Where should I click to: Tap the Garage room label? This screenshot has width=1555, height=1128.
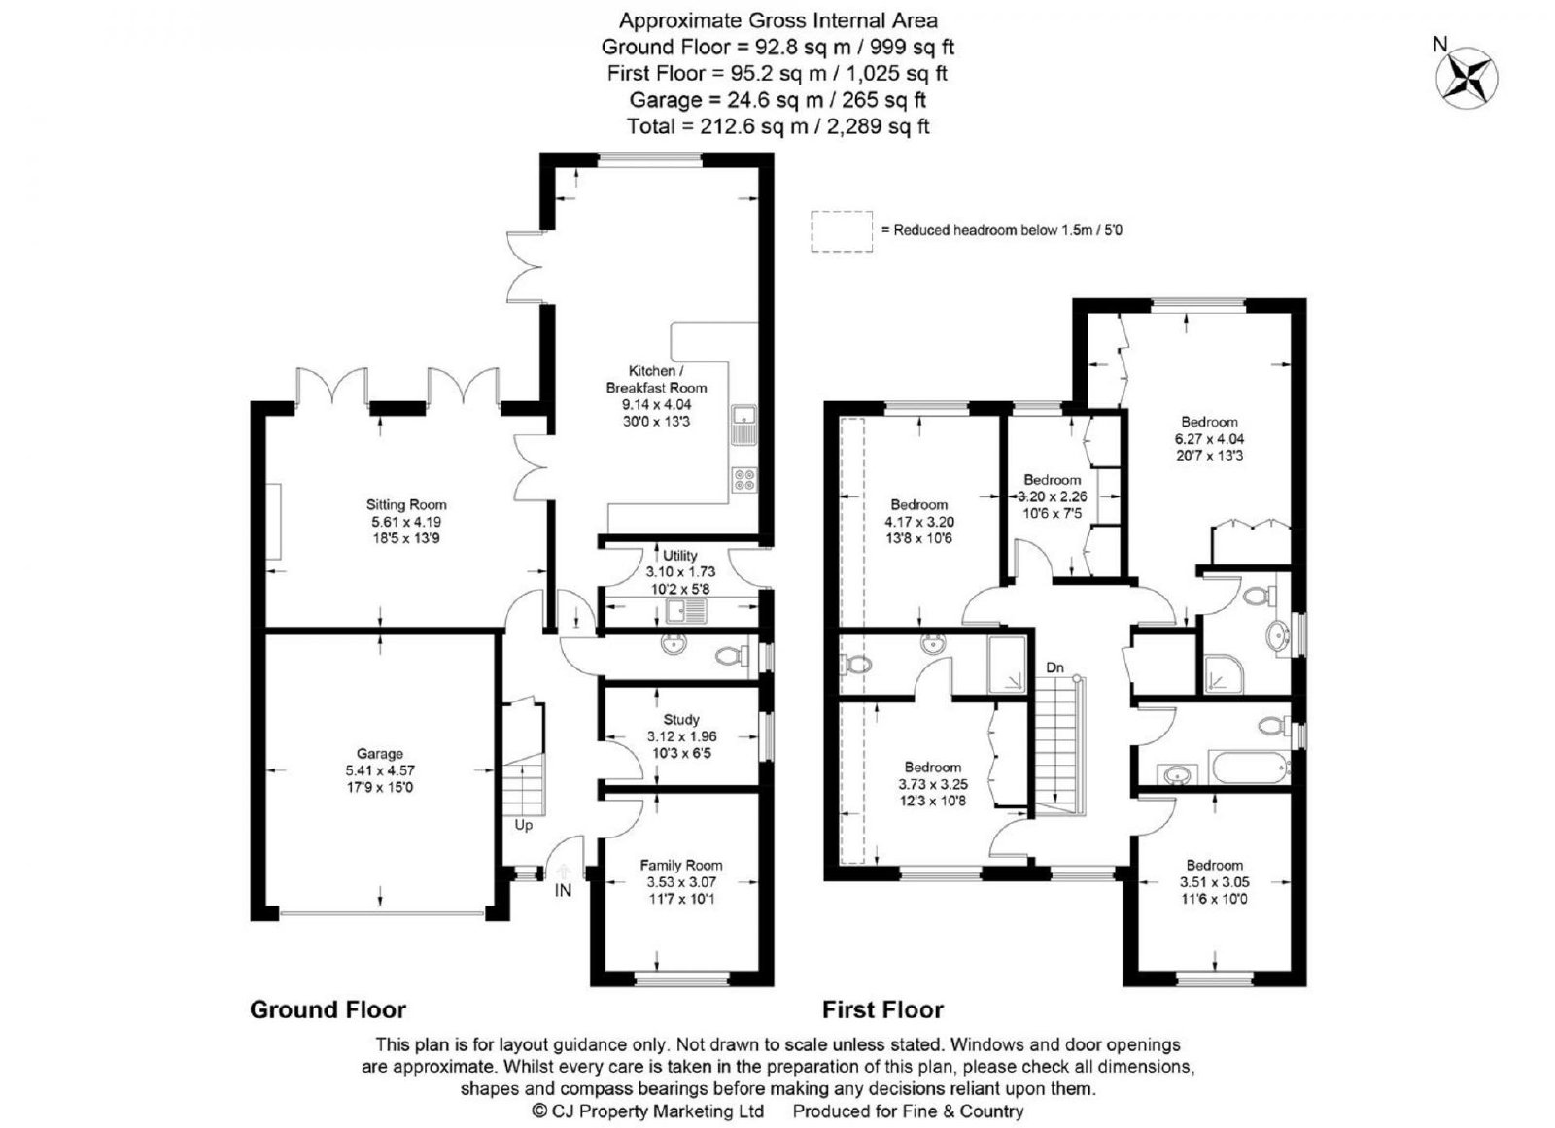click(380, 754)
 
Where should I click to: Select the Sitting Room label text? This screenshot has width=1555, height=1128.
click(406, 504)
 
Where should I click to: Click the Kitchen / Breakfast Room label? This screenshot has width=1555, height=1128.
click(656, 379)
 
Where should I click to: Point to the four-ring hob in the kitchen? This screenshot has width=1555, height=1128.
click(744, 480)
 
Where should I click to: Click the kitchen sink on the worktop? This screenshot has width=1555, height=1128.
click(744, 426)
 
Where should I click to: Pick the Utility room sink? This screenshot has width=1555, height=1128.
click(686, 611)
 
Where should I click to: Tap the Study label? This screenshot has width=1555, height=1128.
click(681, 720)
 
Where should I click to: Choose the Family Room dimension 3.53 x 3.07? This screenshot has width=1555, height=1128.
click(681, 883)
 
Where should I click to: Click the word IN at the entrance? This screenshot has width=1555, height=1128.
click(563, 890)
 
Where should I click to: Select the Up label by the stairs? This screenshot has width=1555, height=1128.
click(524, 826)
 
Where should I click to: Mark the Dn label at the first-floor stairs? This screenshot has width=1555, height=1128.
click(1054, 667)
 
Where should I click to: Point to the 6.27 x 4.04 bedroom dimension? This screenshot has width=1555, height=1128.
click(1209, 439)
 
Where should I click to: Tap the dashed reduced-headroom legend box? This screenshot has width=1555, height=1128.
click(842, 231)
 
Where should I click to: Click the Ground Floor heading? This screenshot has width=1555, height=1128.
click(328, 1009)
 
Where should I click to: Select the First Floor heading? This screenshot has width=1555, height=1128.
click(883, 1009)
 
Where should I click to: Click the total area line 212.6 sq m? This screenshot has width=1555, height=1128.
click(777, 126)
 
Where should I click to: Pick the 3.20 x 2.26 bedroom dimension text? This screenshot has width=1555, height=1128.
click(1053, 497)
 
